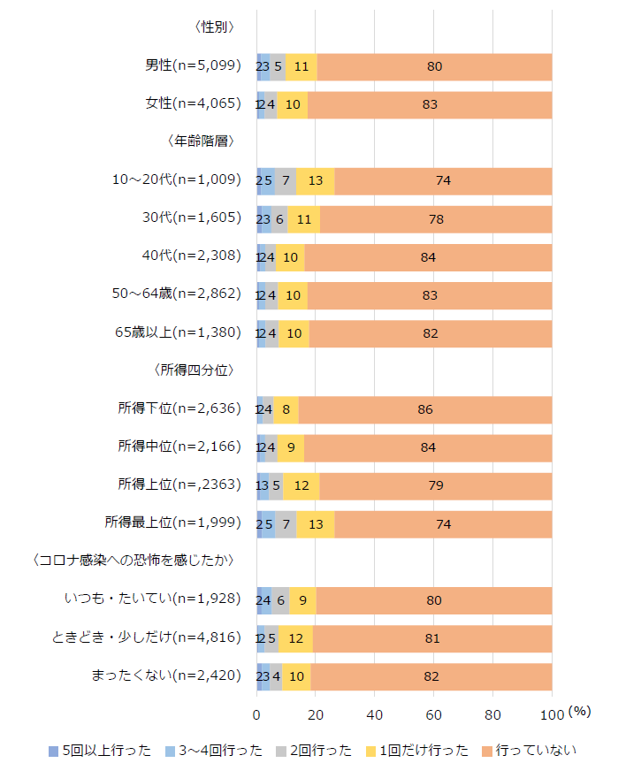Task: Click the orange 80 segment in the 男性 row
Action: click(x=434, y=66)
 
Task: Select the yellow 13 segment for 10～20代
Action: click(x=316, y=180)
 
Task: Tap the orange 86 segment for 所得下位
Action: click(x=425, y=409)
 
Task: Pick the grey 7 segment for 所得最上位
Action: click(x=286, y=524)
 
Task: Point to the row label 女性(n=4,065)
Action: click(x=193, y=104)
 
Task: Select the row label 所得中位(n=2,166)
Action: click(x=179, y=447)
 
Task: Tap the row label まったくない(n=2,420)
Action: click(x=165, y=676)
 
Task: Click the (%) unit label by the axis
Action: click(x=580, y=711)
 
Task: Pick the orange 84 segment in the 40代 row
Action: click(x=428, y=256)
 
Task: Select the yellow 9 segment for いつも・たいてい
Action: click(x=302, y=600)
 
